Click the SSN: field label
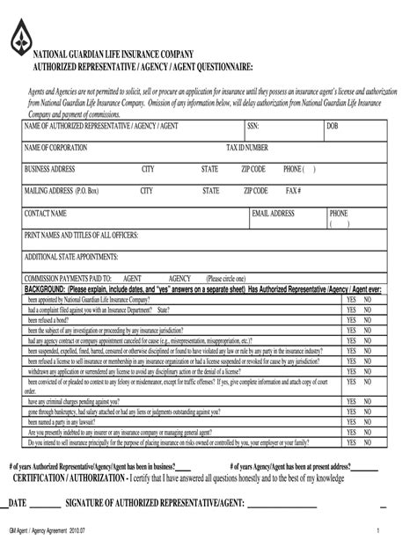tap(252, 127)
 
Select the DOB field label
tap(333, 127)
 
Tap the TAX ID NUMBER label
tap(247, 147)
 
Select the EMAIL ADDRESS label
tap(273, 214)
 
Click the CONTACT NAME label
tap(46, 214)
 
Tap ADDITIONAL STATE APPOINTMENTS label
tap(71, 257)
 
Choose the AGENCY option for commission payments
tap(179, 277)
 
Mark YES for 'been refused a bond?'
tap(350, 319)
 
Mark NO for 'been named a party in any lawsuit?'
tap(367, 422)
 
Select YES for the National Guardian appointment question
tap(350, 299)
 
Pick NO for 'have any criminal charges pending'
tap(367, 401)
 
